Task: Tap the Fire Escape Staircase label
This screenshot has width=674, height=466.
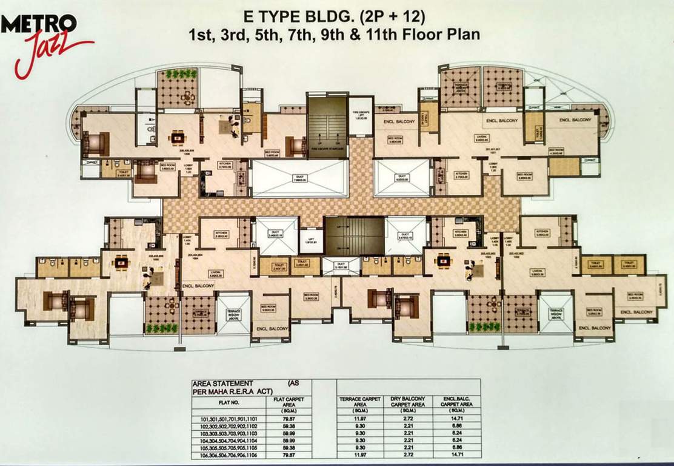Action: (327, 148)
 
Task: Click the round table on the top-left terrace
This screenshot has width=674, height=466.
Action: (189, 96)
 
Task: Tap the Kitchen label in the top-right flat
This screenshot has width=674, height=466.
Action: (462, 176)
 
